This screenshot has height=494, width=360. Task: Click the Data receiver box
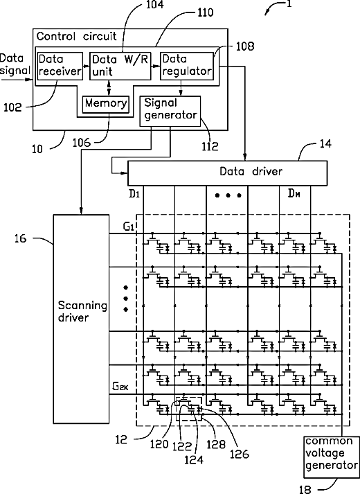click(60, 66)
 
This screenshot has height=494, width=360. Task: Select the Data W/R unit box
click(120, 66)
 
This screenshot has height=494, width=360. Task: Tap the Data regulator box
click(187, 66)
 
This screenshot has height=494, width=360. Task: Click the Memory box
click(106, 104)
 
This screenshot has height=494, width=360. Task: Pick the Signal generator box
click(170, 111)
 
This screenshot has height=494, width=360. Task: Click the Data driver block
click(227, 173)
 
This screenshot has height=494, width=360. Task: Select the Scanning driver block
click(81, 319)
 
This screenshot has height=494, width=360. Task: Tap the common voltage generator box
click(332, 457)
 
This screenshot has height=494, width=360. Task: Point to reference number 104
click(155, 5)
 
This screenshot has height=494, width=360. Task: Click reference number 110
click(205, 12)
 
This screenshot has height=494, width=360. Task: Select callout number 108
click(245, 46)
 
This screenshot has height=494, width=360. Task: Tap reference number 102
click(12, 108)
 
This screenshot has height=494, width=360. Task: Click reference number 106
click(82, 143)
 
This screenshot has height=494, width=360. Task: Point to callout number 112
click(210, 146)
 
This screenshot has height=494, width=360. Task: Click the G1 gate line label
click(129, 227)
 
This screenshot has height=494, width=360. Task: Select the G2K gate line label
click(120, 386)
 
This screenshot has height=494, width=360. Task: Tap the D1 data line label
click(134, 194)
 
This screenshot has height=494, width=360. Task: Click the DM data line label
click(294, 193)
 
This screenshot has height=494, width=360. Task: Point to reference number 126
click(239, 454)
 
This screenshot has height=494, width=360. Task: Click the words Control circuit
click(76, 36)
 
